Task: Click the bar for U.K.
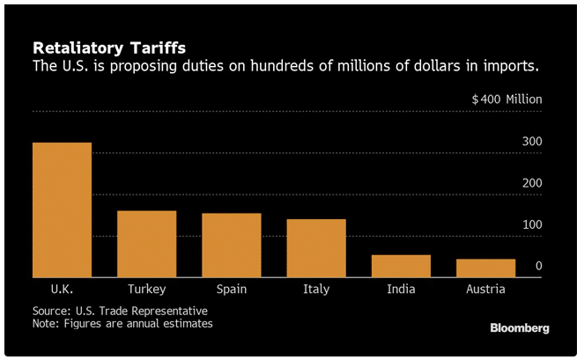pyautogui.click(x=62, y=210)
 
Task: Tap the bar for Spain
pyautogui.click(x=232, y=246)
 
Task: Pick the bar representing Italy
pyautogui.click(x=316, y=248)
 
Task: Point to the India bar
pyautogui.click(x=401, y=267)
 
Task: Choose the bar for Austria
pyautogui.click(x=486, y=268)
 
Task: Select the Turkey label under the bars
pyautogui.click(x=146, y=289)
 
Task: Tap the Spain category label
pyautogui.click(x=232, y=289)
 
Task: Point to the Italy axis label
pyautogui.click(x=316, y=289)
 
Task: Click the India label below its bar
pyautogui.click(x=401, y=289)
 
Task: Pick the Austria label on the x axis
pyautogui.click(x=486, y=289)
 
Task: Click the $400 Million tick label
pyautogui.click(x=506, y=99)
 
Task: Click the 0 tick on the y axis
pyautogui.click(x=538, y=266)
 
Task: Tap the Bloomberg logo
pyautogui.click(x=520, y=328)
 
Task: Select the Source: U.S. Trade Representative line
pyautogui.click(x=120, y=311)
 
